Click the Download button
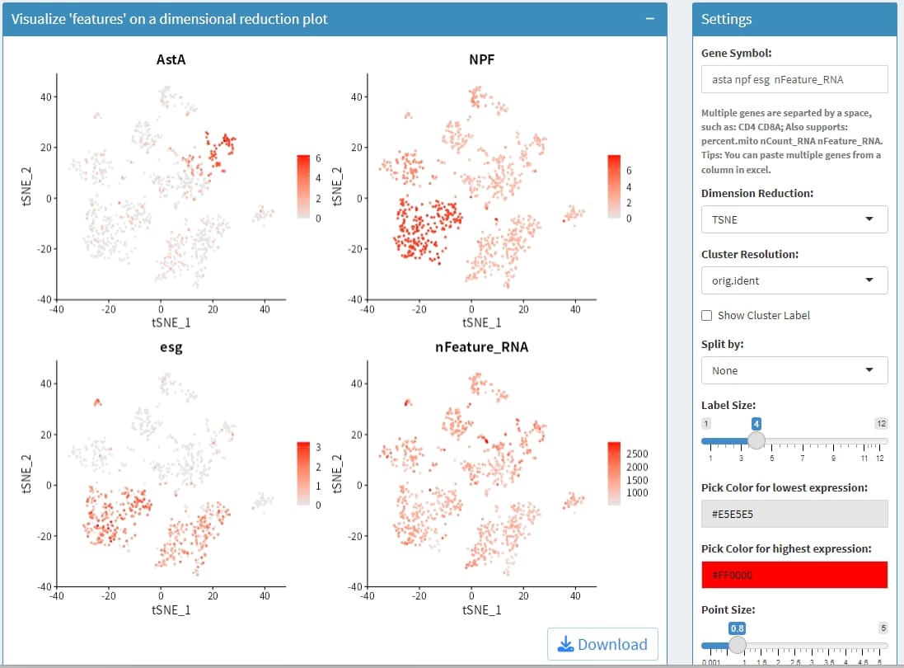point(602,644)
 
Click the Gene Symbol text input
point(794,79)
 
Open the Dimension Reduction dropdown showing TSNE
point(794,219)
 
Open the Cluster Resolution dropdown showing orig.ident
point(794,280)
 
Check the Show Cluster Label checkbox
point(707,315)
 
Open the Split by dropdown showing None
point(794,370)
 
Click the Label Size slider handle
point(756,439)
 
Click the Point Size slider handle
point(738,644)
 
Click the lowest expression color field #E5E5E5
point(794,514)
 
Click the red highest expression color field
point(794,575)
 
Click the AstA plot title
point(171,59)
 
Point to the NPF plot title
point(481,59)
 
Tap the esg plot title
point(171,347)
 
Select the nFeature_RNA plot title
point(481,347)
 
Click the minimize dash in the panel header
point(650,19)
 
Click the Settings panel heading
point(726,19)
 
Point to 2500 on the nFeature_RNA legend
point(638,454)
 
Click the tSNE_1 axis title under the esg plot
point(171,609)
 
